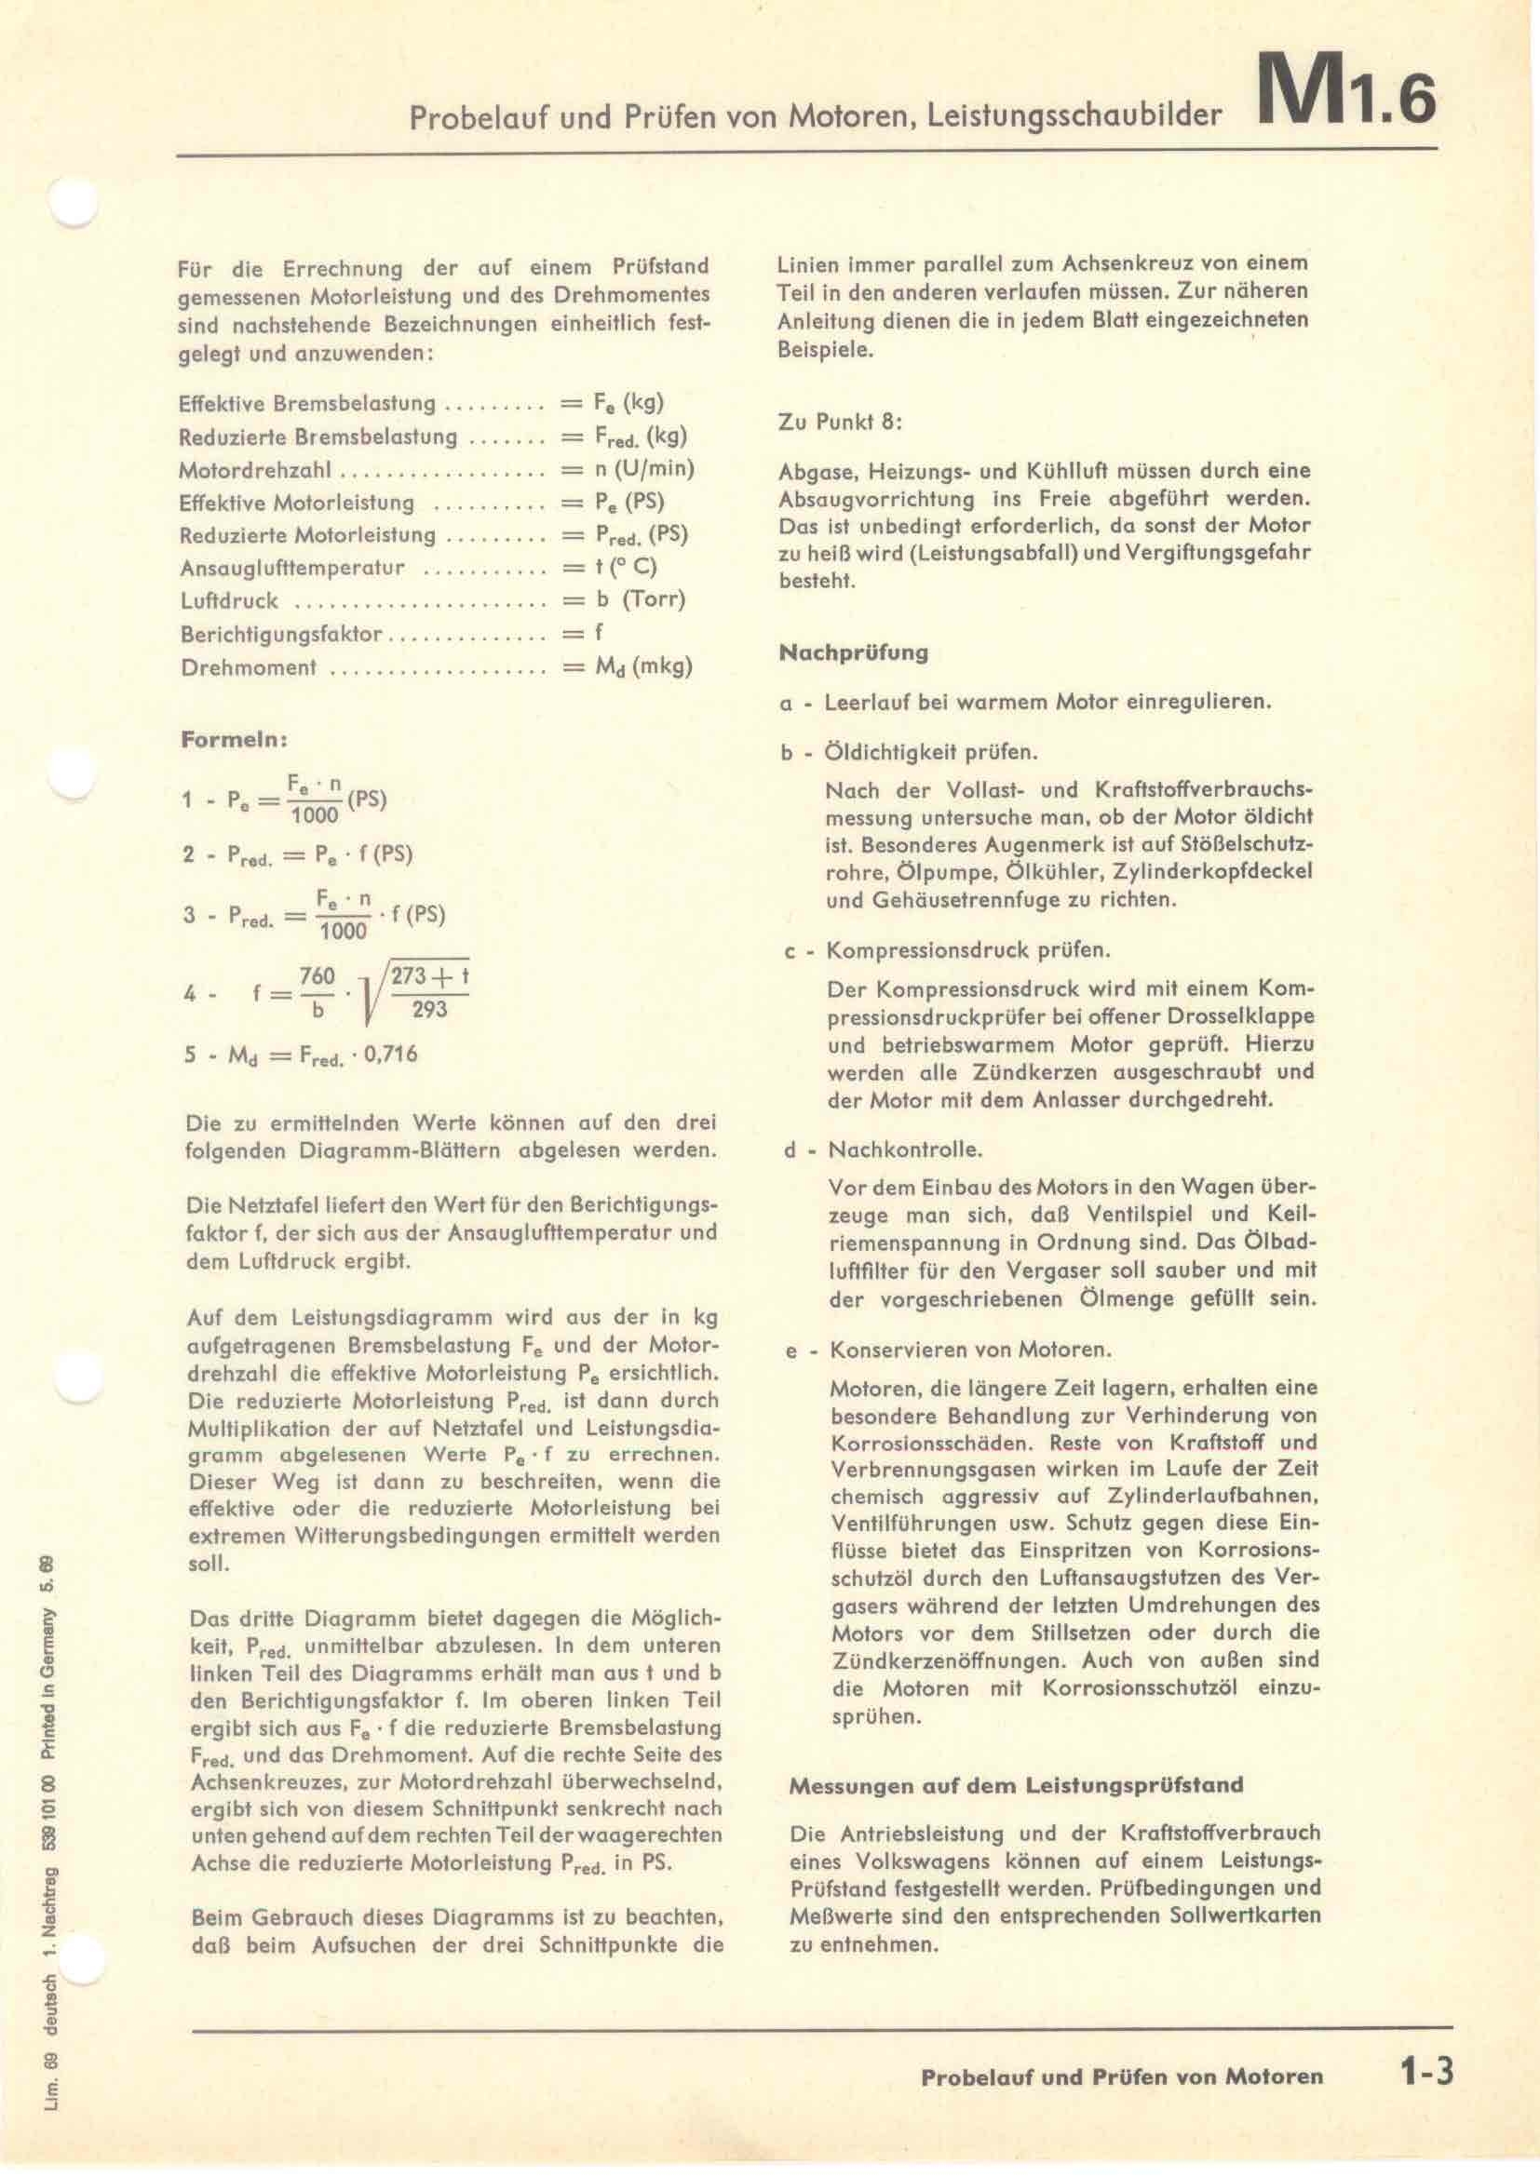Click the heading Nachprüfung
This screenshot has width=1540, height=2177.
[x=853, y=652]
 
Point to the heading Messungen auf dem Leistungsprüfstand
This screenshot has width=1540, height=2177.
[x=1016, y=1785]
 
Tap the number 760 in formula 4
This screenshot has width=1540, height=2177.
[x=317, y=976]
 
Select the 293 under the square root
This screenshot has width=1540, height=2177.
[x=429, y=1009]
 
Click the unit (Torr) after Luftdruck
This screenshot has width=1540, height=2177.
[x=654, y=600]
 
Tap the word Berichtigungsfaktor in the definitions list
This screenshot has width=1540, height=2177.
[x=281, y=635]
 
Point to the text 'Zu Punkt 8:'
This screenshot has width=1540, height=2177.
[x=839, y=422]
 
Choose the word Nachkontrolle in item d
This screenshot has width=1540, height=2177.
[x=905, y=1150]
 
